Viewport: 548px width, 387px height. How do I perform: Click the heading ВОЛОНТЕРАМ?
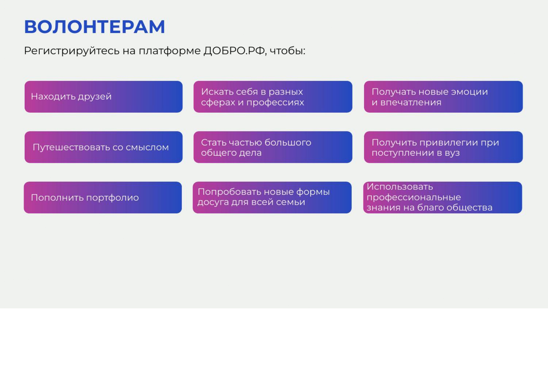[94, 27]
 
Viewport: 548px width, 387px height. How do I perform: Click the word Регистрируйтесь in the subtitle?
[72, 51]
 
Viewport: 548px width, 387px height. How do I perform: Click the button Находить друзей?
[104, 97]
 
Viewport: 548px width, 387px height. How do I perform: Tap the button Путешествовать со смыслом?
[104, 147]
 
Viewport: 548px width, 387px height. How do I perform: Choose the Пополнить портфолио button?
[103, 198]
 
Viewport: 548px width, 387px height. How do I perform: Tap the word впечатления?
[411, 102]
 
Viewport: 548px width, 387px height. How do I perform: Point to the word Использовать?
[400, 187]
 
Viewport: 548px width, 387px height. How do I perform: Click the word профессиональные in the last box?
[414, 198]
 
